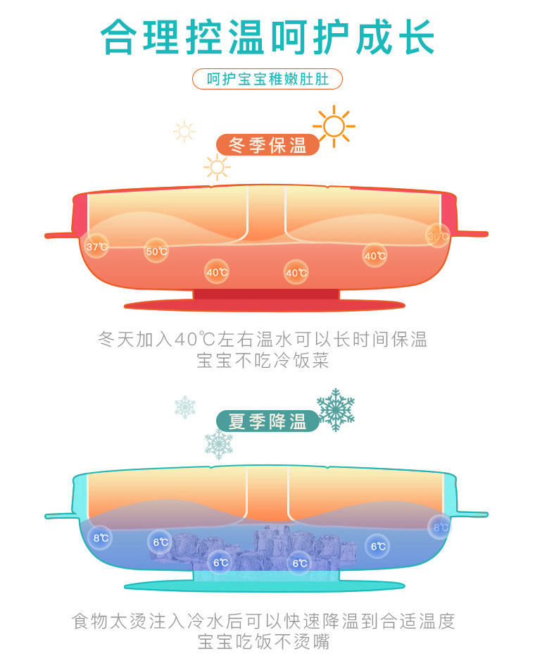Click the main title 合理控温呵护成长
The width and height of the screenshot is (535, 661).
[267, 37]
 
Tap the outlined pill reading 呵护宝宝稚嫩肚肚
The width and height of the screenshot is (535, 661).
[267, 79]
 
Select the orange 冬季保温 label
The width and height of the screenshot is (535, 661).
[267, 145]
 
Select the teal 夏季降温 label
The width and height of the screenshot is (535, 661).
[267, 421]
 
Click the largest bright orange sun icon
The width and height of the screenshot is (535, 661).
[334, 127]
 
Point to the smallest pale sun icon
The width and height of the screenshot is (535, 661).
[184, 131]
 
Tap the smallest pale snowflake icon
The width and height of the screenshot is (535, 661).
[184, 406]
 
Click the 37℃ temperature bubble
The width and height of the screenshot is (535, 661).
[96, 247]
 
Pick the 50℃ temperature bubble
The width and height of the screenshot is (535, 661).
[156, 251]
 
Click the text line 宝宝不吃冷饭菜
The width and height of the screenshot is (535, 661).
[263, 362]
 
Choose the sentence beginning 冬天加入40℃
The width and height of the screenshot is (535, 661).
[263, 340]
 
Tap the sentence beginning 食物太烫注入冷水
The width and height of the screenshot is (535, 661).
[264, 621]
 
